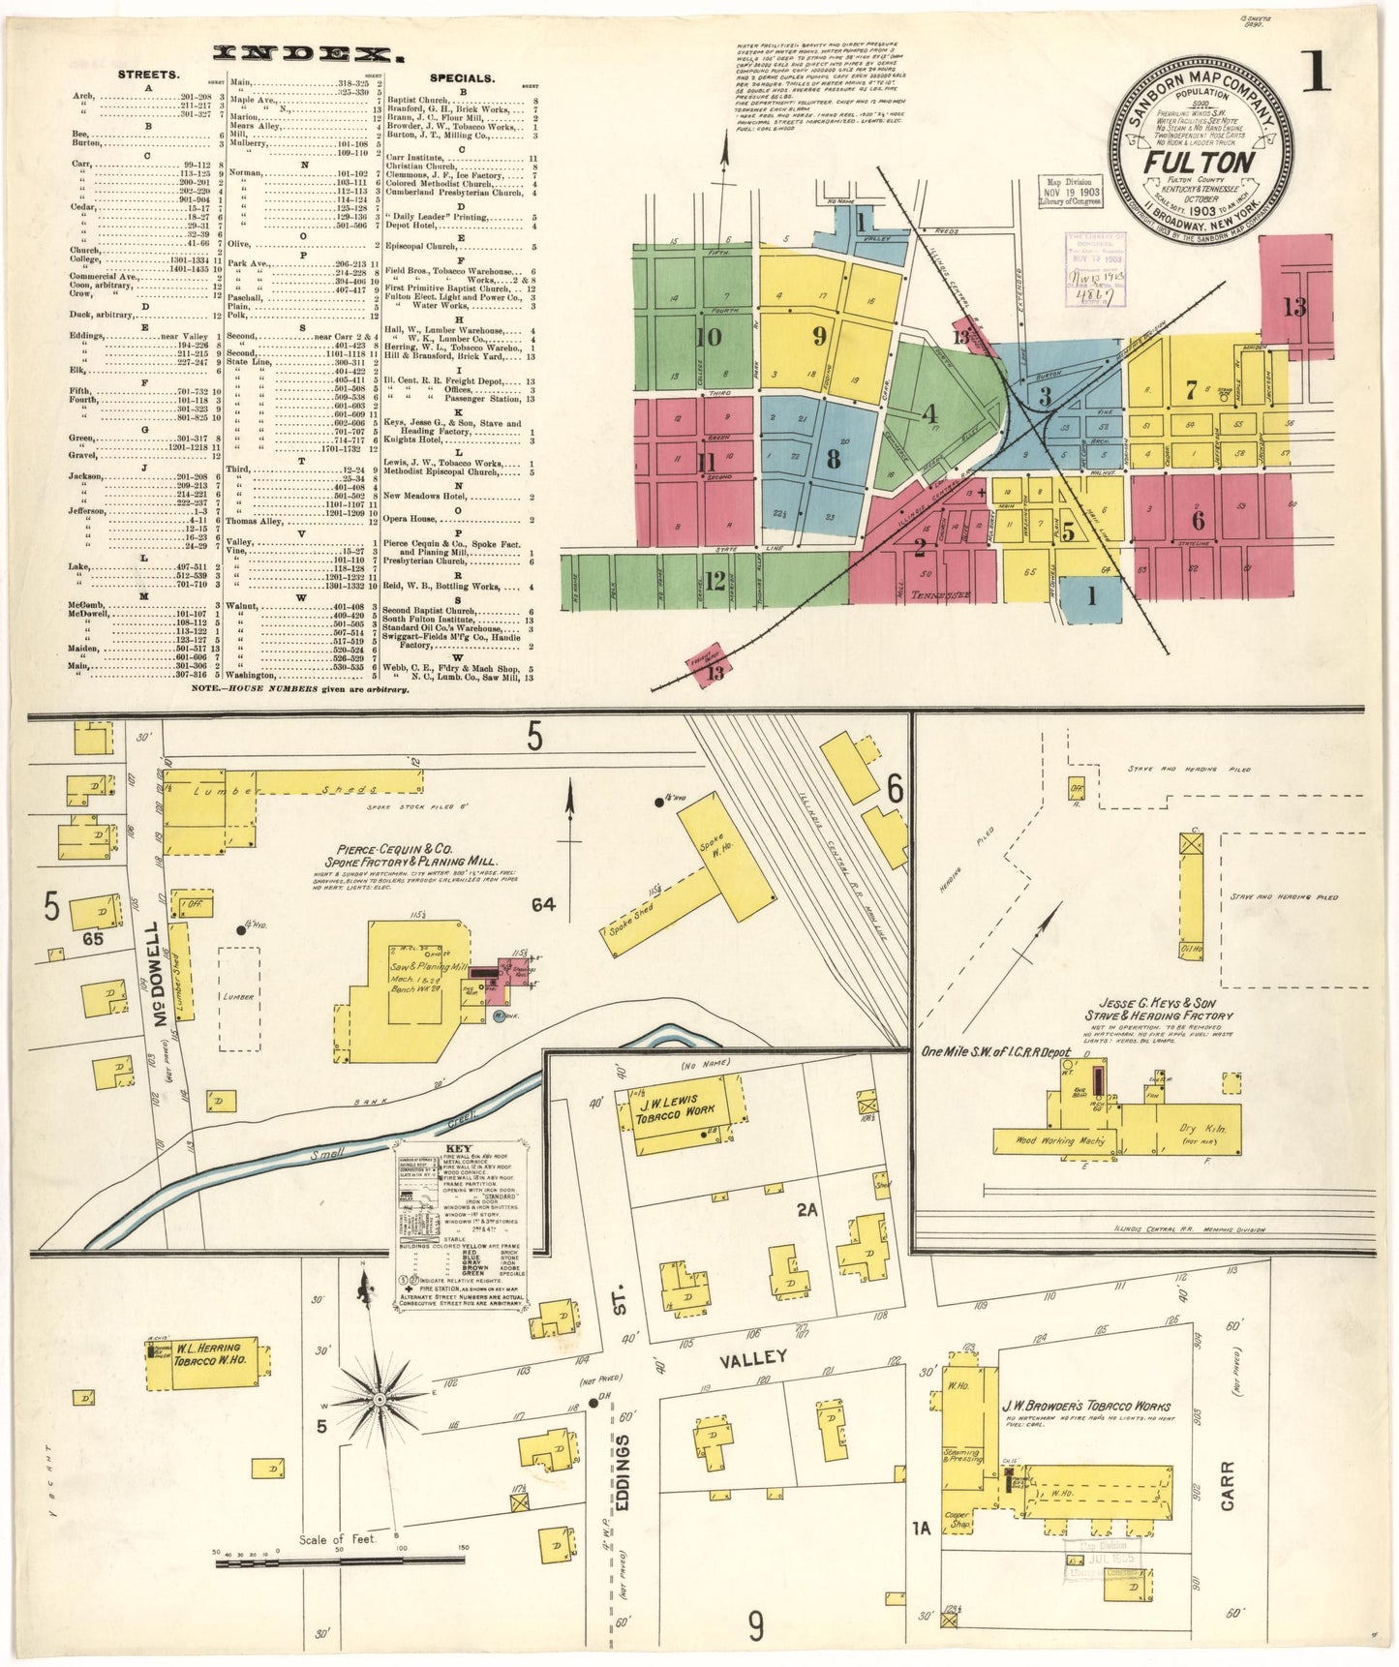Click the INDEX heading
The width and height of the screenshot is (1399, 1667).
point(303,54)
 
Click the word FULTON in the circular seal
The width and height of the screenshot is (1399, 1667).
point(1199,162)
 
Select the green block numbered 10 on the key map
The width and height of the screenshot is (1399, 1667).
point(709,337)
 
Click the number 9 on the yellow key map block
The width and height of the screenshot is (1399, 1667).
point(819,336)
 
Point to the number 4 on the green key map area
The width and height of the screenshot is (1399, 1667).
point(929,414)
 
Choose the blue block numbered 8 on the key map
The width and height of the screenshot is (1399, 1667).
point(832,459)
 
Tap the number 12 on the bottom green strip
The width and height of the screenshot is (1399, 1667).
point(715,581)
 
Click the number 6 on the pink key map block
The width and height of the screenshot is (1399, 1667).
point(1199,520)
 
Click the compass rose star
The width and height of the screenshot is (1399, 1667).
point(380,1399)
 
